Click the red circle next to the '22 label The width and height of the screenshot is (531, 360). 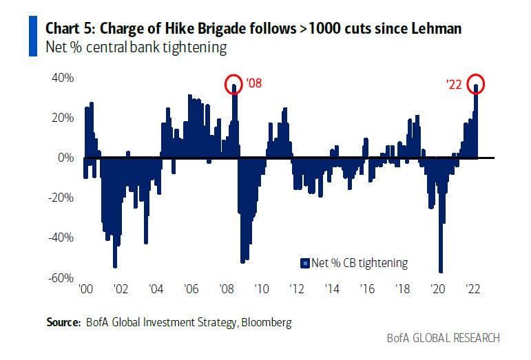476,85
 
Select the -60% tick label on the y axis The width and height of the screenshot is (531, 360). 61,277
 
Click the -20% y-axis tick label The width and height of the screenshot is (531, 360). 61,198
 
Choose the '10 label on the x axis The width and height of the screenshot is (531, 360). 261,289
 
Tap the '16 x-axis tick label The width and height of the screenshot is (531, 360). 367,289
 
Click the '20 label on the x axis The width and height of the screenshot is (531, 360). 437,289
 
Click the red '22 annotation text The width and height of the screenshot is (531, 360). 455,85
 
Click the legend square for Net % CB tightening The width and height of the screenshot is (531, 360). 303,263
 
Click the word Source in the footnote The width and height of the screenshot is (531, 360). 63,321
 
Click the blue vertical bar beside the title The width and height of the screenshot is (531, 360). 33,38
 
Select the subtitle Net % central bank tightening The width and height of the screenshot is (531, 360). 136,48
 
